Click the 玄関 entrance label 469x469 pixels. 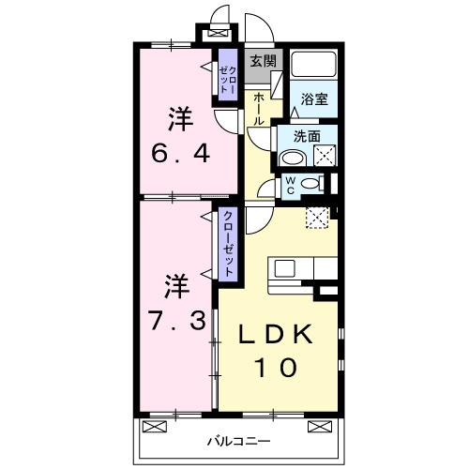pyautogui.click(x=262, y=61)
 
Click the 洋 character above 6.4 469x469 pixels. pyautogui.click(x=180, y=119)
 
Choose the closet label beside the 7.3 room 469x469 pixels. pyautogui.click(x=227, y=243)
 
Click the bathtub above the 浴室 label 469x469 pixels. pyautogui.click(x=314, y=65)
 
